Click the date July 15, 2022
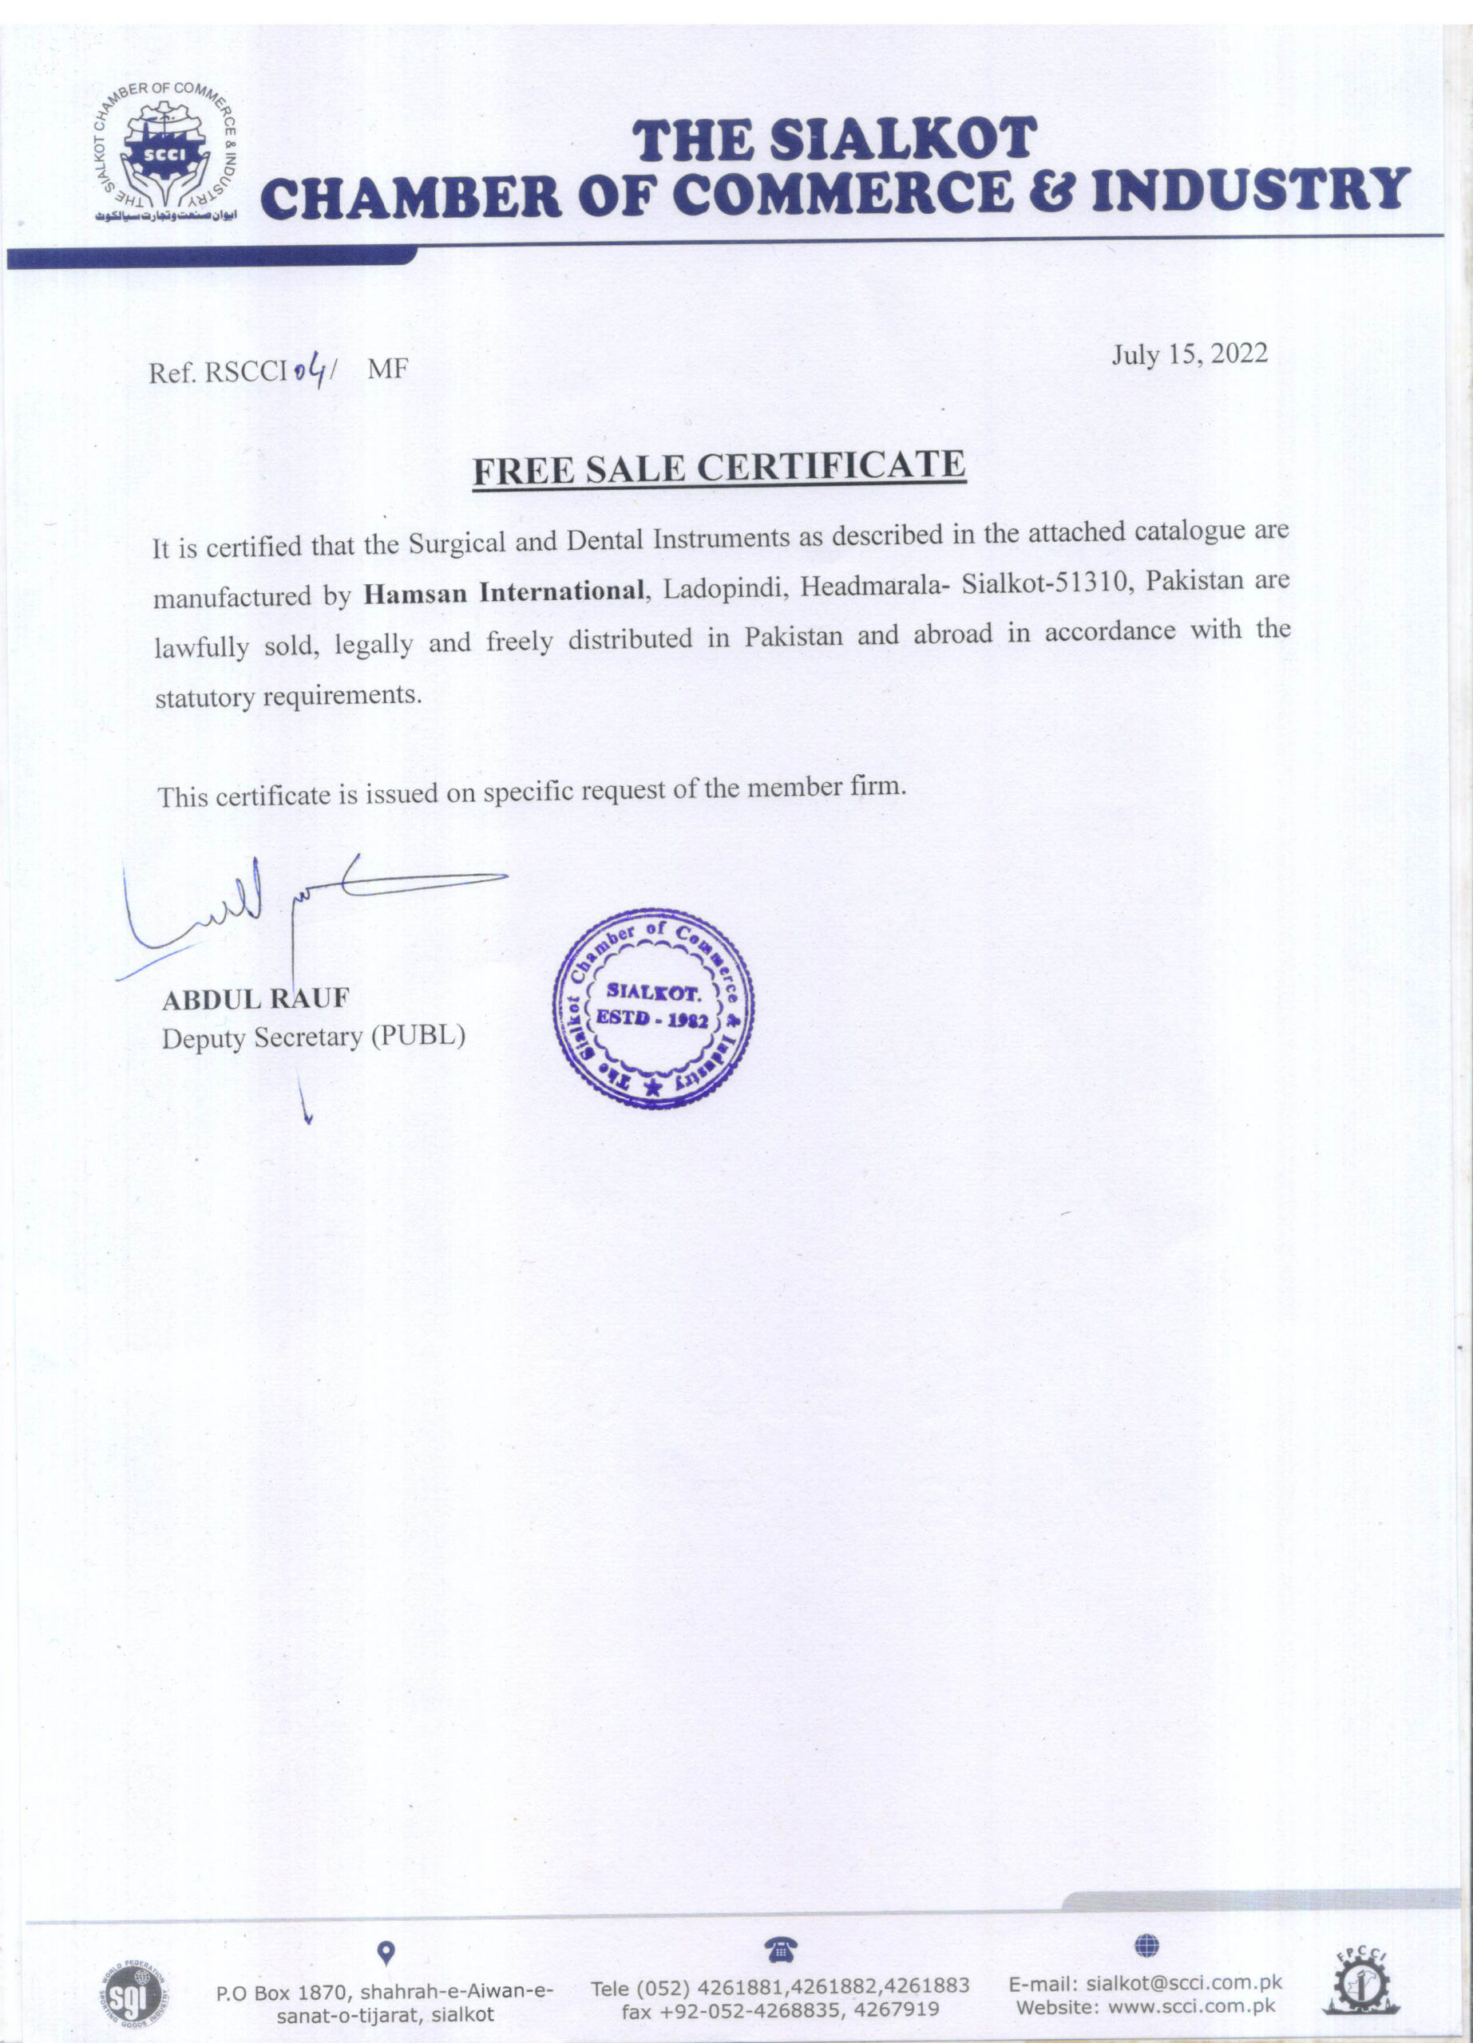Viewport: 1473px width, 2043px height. click(1190, 354)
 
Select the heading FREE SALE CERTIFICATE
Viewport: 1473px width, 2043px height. click(719, 468)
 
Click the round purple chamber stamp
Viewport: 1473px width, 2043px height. click(654, 1008)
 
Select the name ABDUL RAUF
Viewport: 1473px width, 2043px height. click(255, 998)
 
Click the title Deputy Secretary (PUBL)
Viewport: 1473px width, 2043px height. click(314, 1037)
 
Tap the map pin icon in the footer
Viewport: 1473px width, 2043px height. click(386, 1952)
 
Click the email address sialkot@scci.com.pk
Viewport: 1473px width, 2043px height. click(1184, 1982)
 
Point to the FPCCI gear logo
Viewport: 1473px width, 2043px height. click(1356, 1982)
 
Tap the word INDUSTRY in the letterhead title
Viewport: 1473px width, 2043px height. click(1250, 191)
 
